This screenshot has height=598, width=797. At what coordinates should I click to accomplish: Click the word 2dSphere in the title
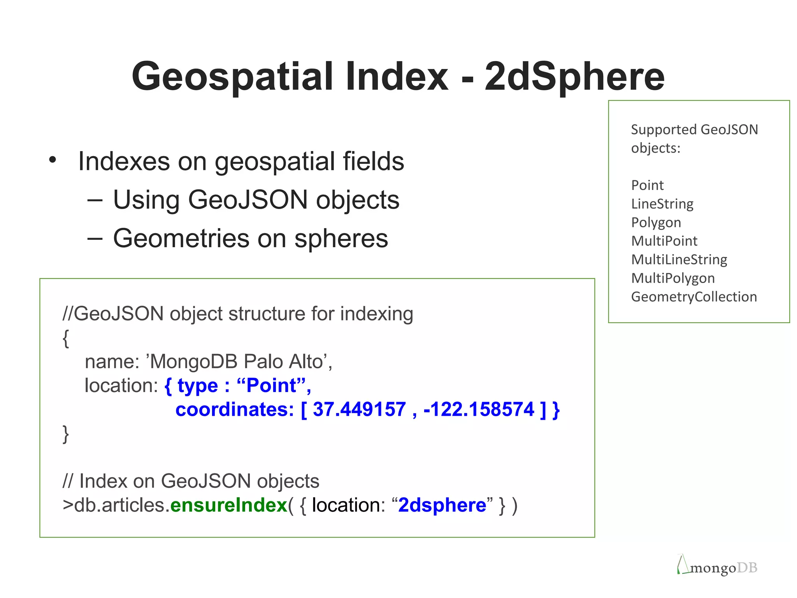[574, 77]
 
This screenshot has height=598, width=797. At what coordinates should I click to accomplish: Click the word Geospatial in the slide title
[233, 77]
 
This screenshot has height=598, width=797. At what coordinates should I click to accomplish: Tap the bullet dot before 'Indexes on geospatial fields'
[53, 160]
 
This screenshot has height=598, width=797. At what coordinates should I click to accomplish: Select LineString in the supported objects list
[662, 204]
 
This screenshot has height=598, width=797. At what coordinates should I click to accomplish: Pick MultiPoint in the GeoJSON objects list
[664, 241]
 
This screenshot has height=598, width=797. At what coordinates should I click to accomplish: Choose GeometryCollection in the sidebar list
[694, 297]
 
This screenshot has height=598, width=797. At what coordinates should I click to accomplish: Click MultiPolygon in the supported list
[673, 278]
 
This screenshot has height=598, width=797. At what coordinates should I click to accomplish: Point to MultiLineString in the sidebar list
[679, 259]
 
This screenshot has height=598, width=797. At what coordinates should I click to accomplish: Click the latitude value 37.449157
[359, 409]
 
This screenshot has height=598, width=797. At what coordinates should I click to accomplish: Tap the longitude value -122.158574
[479, 409]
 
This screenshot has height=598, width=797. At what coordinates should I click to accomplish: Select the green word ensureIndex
[229, 505]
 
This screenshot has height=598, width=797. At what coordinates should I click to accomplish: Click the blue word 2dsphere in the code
[442, 505]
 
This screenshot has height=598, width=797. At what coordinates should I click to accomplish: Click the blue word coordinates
[235, 410]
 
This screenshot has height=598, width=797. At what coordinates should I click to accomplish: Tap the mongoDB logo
[717, 566]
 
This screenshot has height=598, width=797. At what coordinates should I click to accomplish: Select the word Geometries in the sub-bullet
[181, 238]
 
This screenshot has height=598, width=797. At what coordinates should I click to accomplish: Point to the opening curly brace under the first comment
[66, 338]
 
